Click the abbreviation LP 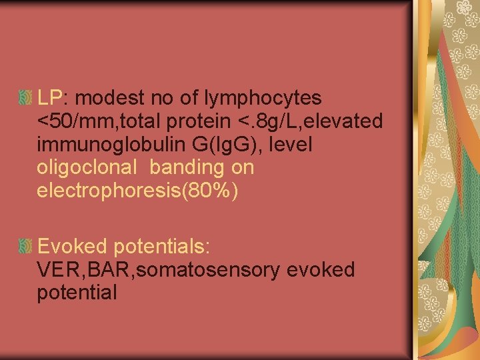(x=49, y=98)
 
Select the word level (x=292, y=145)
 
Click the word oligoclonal (x=87, y=168)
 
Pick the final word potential (x=77, y=293)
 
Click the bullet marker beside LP (x=25, y=99)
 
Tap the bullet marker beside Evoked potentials (x=25, y=247)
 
